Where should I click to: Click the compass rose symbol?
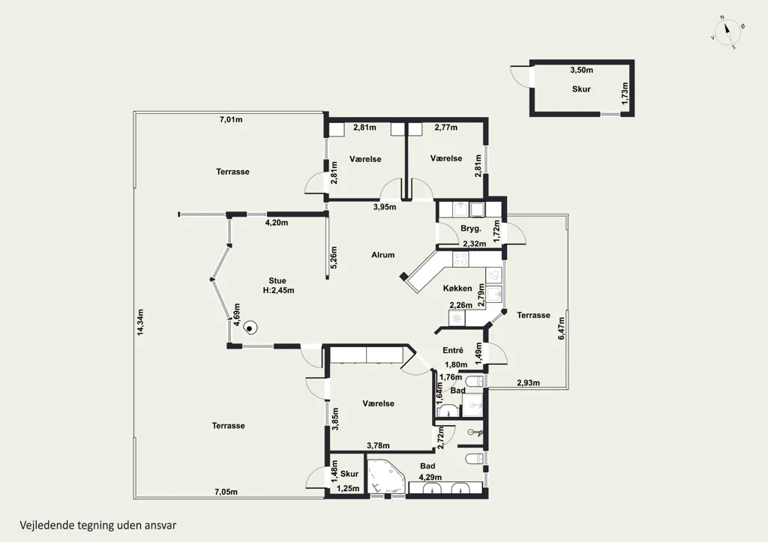[727, 33]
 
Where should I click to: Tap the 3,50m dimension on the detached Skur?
[581, 70]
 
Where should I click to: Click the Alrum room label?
[382, 255]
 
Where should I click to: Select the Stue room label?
[277, 280]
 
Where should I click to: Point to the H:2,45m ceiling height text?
[279, 290]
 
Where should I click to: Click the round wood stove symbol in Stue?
[250, 328]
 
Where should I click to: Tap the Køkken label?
[457, 289]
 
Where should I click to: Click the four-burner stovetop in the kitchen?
[460, 259]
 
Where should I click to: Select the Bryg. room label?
[471, 229]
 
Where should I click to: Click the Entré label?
[453, 350]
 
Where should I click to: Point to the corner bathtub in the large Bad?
[386, 478]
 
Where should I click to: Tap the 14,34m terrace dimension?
[140, 322]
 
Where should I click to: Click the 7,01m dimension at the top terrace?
[231, 119]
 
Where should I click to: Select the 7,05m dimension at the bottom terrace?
[226, 492]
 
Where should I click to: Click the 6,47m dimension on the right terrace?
[561, 328]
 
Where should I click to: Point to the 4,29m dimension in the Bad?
[430, 477]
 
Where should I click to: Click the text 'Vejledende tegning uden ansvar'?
[98, 526]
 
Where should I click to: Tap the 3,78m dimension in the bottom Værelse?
[378, 445]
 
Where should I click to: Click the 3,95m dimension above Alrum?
[385, 207]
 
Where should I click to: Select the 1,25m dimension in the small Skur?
[347, 488]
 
